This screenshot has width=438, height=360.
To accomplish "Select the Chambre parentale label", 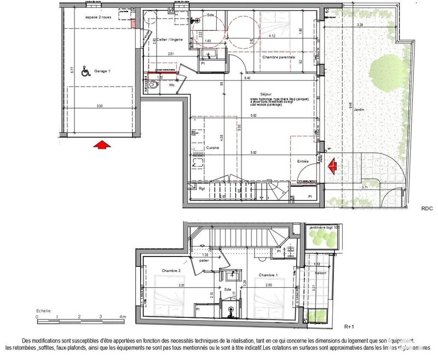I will coord(278,57).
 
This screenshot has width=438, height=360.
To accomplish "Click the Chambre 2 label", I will coord(171,271).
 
